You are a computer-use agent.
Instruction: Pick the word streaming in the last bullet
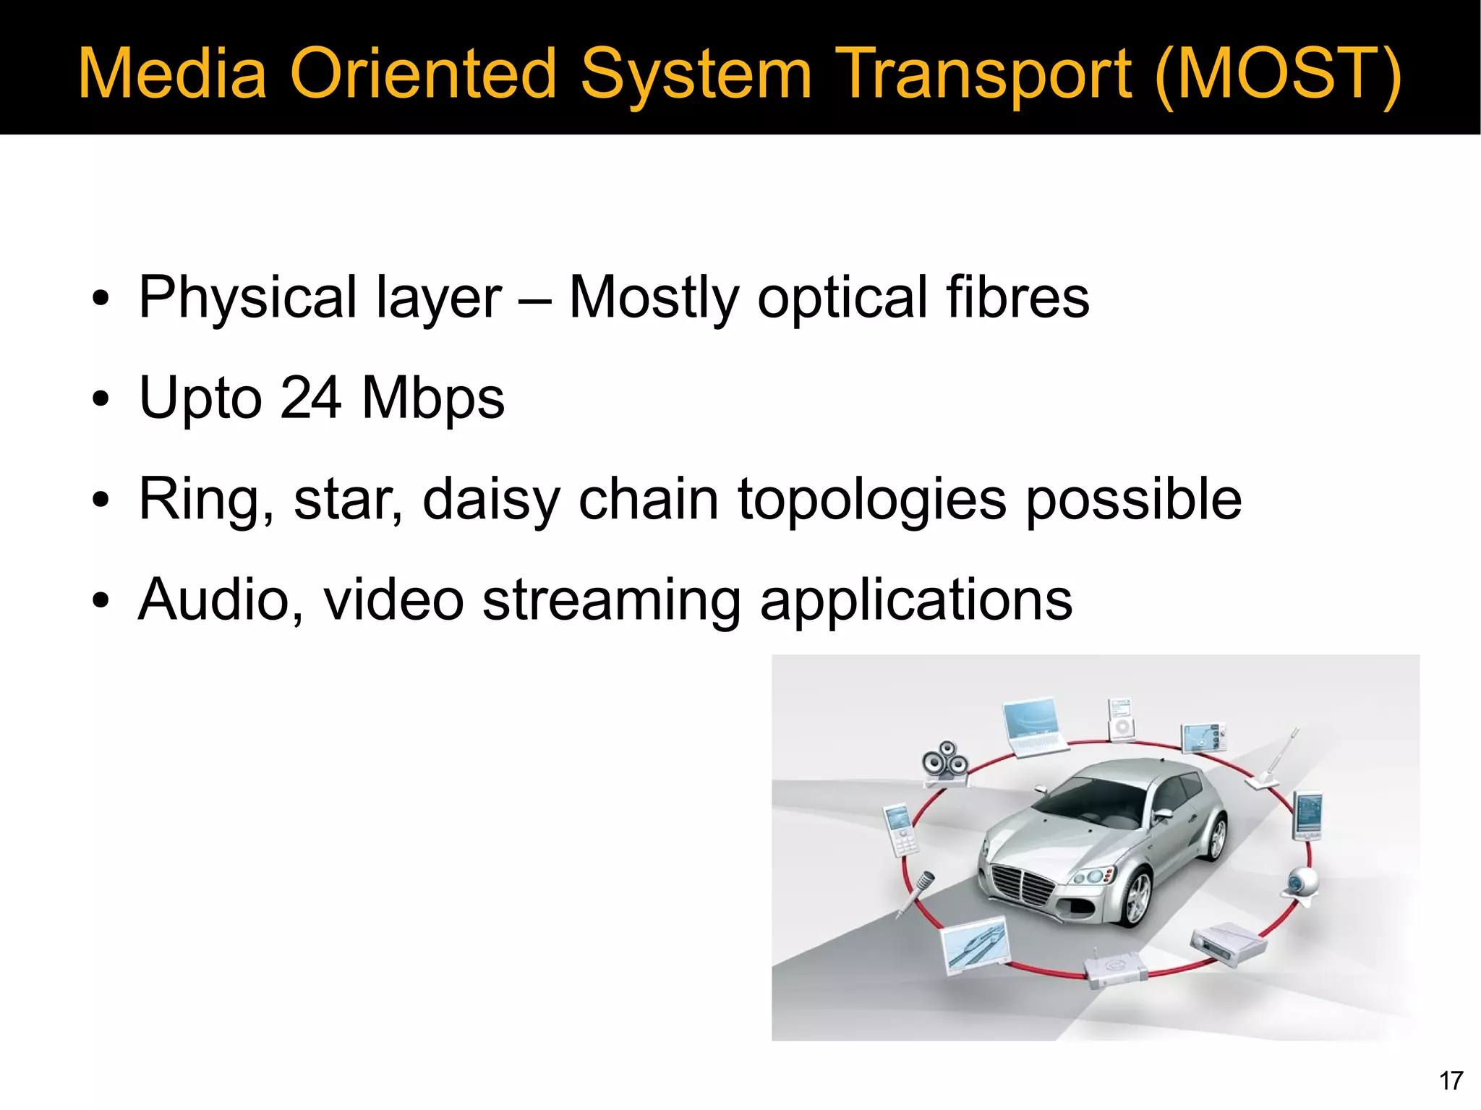click(x=611, y=599)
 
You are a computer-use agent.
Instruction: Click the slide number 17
click(x=1451, y=1080)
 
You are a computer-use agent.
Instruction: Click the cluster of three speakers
click(x=945, y=763)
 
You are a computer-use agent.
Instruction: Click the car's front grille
click(x=1023, y=885)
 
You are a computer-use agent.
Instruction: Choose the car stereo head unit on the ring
click(x=1228, y=942)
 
